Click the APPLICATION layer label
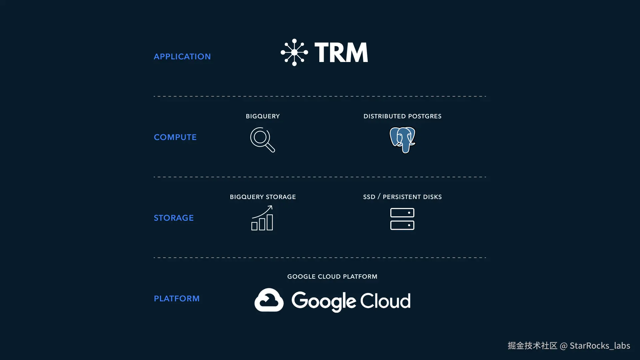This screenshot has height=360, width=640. (182, 57)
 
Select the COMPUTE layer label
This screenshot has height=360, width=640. (175, 137)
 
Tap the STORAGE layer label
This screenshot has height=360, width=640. (173, 218)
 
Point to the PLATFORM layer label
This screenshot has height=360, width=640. (176, 299)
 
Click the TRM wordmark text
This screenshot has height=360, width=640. (341, 53)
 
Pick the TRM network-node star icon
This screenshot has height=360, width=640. (294, 52)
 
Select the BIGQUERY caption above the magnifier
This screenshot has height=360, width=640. (263, 116)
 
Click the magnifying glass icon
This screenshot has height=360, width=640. (262, 140)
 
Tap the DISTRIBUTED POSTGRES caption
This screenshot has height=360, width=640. (402, 116)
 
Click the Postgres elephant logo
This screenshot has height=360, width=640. (402, 140)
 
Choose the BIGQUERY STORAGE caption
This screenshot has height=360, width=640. (263, 197)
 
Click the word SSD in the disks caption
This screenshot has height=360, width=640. (369, 197)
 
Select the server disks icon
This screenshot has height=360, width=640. (402, 219)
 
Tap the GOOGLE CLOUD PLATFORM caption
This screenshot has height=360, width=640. (332, 277)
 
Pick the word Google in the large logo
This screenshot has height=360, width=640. (323, 301)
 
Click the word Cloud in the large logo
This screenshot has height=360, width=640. (385, 301)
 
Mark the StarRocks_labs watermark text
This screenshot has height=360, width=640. (600, 346)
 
